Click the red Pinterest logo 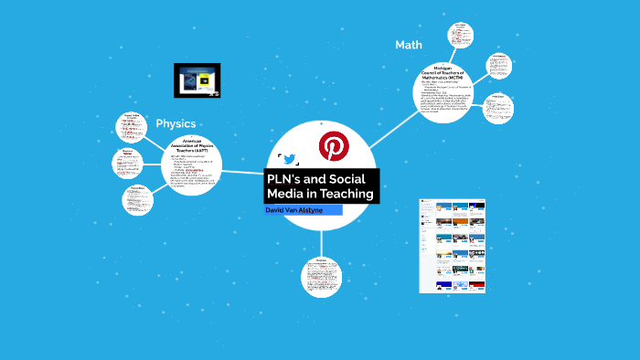[331, 146]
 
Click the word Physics [176, 123]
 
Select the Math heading [409, 45]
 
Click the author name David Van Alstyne [293, 210]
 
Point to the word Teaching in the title [346, 194]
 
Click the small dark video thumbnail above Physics [197, 79]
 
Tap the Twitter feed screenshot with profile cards [452, 245]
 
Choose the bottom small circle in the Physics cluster [137, 198]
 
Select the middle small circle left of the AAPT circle [127, 163]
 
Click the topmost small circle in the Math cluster [461, 36]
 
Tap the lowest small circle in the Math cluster [498, 108]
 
